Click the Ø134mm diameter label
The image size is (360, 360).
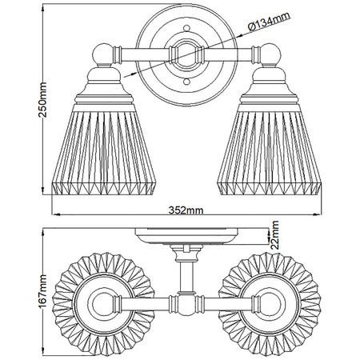(x=269, y=22)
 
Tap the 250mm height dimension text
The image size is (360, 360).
(x=42, y=100)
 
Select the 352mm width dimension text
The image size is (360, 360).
(x=186, y=210)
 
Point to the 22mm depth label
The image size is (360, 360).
(x=274, y=235)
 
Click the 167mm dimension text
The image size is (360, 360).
(x=42, y=291)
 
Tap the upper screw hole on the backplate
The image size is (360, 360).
(x=186, y=27)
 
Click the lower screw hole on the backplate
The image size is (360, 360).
(x=186, y=82)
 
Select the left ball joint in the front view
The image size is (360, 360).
(x=102, y=54)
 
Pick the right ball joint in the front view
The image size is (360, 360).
(x=270, y=54)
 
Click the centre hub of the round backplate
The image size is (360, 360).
(x=186, y=54)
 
